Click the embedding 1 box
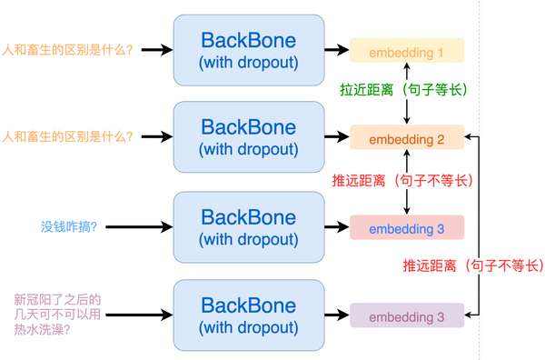(407, 51)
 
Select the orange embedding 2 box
(407, 139)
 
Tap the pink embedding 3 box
(407, 227)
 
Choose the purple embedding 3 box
(407, 316)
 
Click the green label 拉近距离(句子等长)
(403, 91)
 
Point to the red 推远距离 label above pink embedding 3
(403, 181)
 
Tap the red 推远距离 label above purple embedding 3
(472, 265)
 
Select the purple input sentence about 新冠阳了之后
(55, 315)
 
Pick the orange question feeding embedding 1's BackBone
(68, 49)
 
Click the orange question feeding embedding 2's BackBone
(68, 137)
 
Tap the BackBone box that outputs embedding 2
(248, 137)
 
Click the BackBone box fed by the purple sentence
(248, 315)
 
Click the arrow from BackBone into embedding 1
(337, 50)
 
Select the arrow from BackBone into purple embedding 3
(337, 316)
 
